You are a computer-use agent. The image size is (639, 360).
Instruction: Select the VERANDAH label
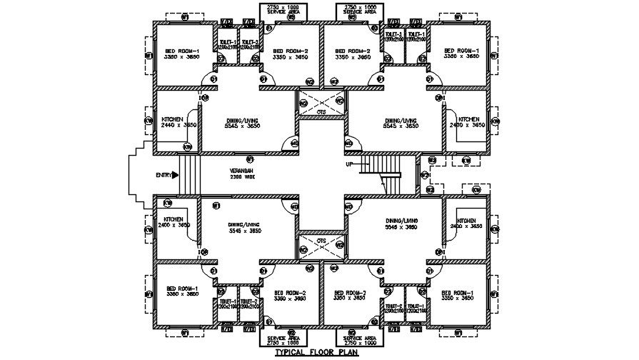[x=240, y=171]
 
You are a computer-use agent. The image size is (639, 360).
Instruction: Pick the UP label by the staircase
[x=349, y=164]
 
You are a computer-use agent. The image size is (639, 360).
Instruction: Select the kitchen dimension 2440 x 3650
[x=178, y=125]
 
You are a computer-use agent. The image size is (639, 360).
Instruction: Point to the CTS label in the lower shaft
[x=322, y=241]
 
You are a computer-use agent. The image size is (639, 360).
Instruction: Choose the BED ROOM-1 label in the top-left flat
[x=183, y=51]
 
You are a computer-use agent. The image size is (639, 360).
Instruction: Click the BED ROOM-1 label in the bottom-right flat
[x=458, y=293]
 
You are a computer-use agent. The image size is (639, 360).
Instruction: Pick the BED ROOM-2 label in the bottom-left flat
[x=291, y=293]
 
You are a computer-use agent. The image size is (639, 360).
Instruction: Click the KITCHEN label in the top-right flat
[x=468, y=119]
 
